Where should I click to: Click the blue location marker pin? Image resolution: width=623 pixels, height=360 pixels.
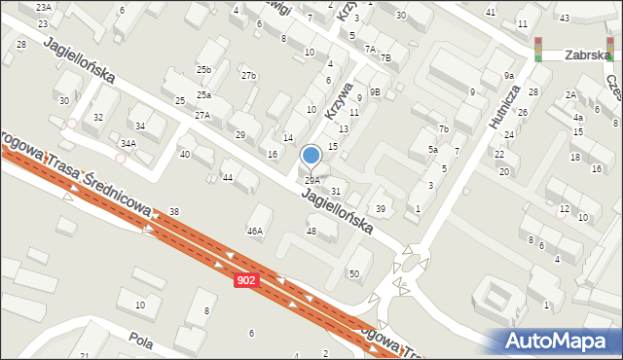(x=311, y=156)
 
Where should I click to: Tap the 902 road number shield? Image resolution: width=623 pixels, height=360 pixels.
(x=247, y=280)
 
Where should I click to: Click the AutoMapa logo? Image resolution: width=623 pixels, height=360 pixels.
(x=555, y=342)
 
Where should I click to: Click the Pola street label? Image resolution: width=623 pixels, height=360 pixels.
(x=141, y=342)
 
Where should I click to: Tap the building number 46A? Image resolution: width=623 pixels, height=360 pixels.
(x=255, y=232)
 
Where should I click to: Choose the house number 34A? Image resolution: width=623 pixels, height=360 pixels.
(x=128, y=143)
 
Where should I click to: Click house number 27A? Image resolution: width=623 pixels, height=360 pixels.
(x=202, y=115)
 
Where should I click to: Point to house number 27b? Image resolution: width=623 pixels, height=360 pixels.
(x=249, y=76)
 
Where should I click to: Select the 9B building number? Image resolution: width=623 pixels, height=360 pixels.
(x=375, y=91)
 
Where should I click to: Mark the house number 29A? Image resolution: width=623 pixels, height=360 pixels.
(x=311, y=181)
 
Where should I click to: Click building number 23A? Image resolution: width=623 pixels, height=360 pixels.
(x=43, y=7)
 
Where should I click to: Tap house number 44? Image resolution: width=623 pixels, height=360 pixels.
(x=227, y=177)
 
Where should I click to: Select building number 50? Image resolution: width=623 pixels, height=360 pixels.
(x=354, y=274)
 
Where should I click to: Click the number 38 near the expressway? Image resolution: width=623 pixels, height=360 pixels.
(x=173, y=211)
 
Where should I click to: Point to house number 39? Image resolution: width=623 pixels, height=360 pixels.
(x=382, y=209)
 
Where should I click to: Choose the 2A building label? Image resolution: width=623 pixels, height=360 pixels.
(x=570, y=94)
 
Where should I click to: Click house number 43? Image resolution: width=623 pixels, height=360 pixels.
(x=565, y=18)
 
